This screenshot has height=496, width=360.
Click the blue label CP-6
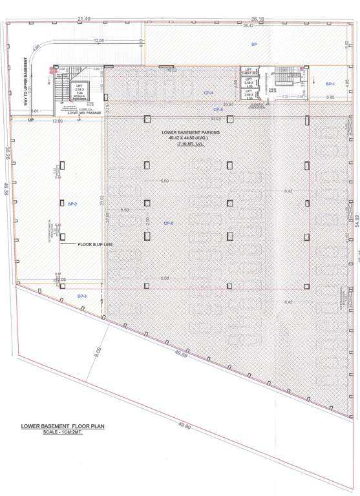click(x=169, y=223)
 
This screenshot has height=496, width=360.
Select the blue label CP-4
click(x=208, y=93)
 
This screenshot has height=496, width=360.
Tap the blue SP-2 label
click(x=72, y=203)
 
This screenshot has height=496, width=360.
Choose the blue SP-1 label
click(x=330, y=84)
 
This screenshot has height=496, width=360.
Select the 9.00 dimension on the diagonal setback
click(x=98, y=353)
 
